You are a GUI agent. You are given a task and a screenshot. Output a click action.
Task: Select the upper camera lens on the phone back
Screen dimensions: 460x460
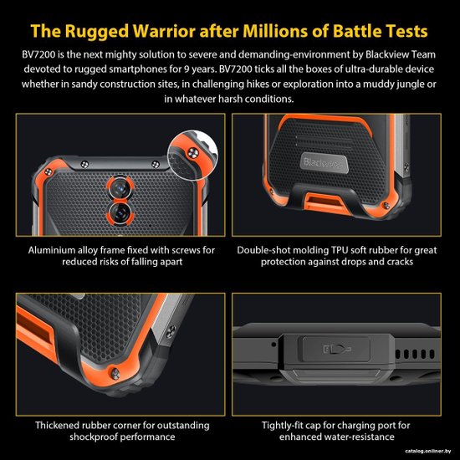(120, 187)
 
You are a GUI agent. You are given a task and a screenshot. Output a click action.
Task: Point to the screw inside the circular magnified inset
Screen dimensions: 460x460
(192, 153)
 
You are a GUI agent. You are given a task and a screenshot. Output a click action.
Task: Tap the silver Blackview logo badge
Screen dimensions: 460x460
(324, 162)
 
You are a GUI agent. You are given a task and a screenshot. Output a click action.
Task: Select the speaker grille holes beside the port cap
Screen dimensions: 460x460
(415, 354)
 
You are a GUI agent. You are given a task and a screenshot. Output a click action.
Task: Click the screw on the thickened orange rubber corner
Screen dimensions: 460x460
(115, 374)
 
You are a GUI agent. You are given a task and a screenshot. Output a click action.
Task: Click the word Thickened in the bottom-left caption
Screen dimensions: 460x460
(57, 426)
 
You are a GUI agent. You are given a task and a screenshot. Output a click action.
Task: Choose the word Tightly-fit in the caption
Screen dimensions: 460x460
(282, 426)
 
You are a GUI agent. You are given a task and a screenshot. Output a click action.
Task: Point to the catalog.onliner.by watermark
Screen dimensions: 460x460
(428, 451)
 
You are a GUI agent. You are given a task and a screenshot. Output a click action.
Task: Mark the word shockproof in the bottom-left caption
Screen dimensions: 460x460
(93, 437)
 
